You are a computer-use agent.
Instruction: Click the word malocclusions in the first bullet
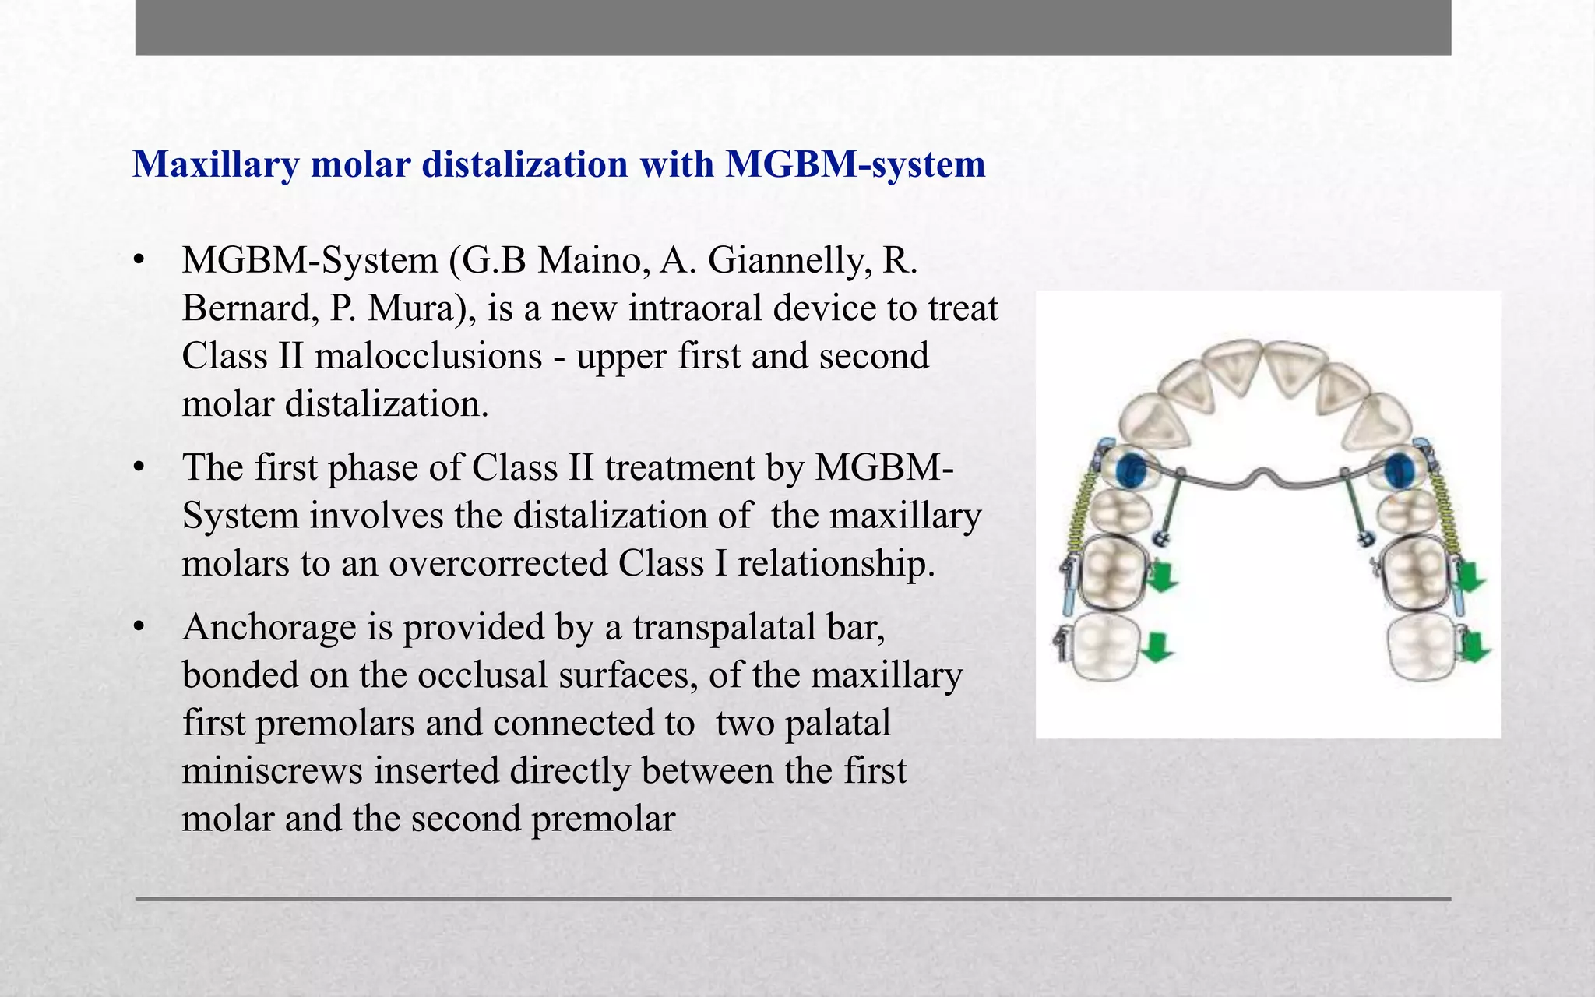[428, 357]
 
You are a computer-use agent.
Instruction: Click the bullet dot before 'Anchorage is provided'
[139, 627]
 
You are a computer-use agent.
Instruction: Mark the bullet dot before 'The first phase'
[139, 468]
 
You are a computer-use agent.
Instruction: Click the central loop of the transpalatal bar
[1264, 474]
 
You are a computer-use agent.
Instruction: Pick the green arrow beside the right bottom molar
[1474, 646]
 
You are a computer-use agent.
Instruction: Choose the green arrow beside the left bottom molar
[1157, 646]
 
